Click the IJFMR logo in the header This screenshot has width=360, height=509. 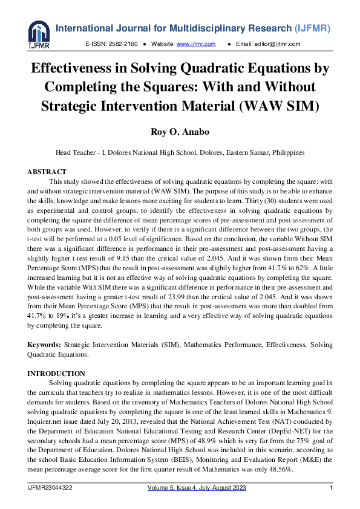38,35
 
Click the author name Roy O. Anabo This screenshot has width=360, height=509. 180,132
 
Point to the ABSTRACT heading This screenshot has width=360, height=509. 47,172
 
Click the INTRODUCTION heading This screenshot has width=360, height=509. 56,374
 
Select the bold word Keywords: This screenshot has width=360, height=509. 44,345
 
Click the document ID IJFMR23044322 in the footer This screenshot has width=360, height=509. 50,487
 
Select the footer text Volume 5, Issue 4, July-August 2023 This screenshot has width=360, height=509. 199,487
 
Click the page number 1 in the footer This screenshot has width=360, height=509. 330,487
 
